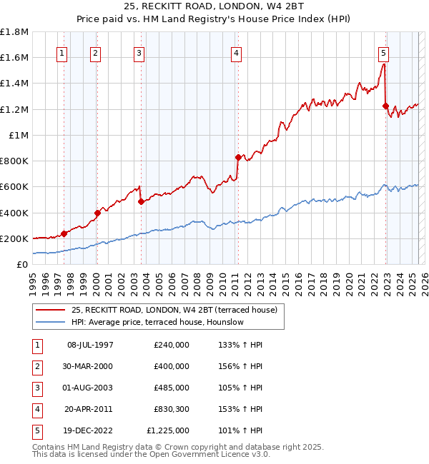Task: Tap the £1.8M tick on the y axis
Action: (x=15, y=32)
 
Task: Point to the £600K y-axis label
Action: (x=15, y=187)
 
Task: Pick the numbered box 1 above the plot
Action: (x=62, y=52)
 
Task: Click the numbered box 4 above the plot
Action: (x=235, y=52)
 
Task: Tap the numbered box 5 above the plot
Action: (x=384, y=52)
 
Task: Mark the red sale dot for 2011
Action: (x=237, y=157)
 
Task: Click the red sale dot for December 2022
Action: (x=385, y=106)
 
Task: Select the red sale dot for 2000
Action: (x=97, y=213)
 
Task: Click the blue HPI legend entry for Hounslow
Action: (x=157, y=322)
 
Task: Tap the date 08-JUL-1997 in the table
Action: (x=91, y=345)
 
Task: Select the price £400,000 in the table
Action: (x=172, y=366)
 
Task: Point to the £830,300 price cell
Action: (x=172, y=409)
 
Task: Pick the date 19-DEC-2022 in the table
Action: (x=91, y=430)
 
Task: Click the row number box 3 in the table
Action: (x=36, y=388)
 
